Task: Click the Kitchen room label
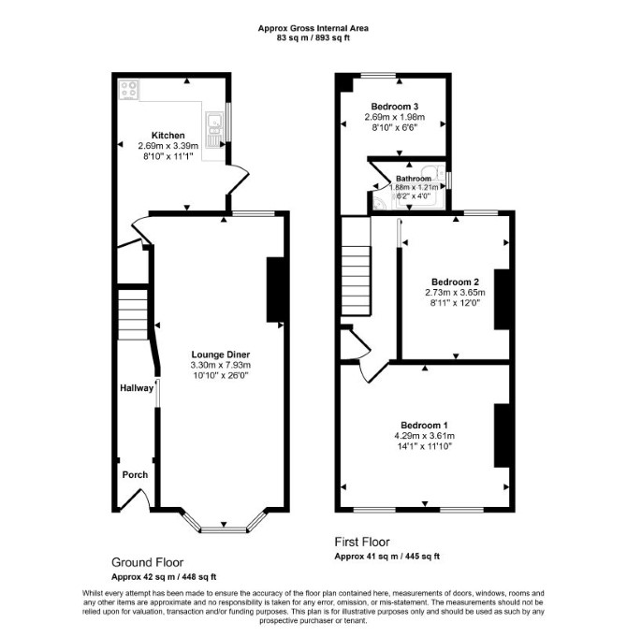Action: (168, 136)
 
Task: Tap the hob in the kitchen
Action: (128, 90)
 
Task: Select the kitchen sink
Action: (214, 129)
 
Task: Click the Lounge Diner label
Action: (221, 355)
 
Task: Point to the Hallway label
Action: (137, 388)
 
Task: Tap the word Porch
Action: (135, 474)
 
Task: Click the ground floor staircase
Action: (133, 314)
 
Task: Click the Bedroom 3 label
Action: (395, 107)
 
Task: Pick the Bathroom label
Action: (414, 179)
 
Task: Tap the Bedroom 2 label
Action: (455, 282)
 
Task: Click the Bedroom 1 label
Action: (424, 426)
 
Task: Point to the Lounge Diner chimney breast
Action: (275, 290)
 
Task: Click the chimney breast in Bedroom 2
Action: (502, 299)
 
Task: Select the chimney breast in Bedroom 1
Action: (502, 436)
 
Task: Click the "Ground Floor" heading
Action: (148, 562)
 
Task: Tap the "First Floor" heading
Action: (362, 542)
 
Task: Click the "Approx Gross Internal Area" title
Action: (313, 28)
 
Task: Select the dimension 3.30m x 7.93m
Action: (221, 365)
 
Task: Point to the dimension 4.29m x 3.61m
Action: (424, 436)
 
